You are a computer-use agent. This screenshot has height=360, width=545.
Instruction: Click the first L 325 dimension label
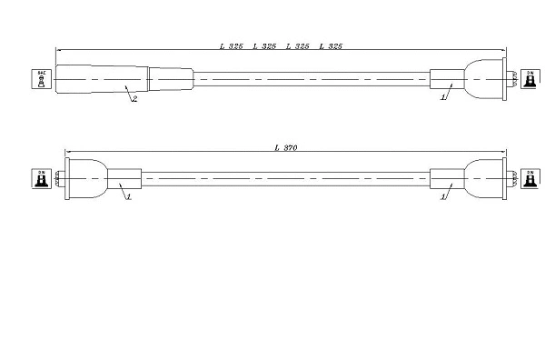231,45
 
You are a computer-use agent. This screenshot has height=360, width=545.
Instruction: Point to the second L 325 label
264,45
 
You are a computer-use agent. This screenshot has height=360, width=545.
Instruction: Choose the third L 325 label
298,45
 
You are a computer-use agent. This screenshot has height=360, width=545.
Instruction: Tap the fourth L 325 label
332,45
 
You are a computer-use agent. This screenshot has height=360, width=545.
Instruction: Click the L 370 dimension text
286,146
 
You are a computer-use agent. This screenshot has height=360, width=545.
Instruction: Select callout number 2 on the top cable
135,99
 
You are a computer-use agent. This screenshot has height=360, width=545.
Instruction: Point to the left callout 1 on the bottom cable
129,195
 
